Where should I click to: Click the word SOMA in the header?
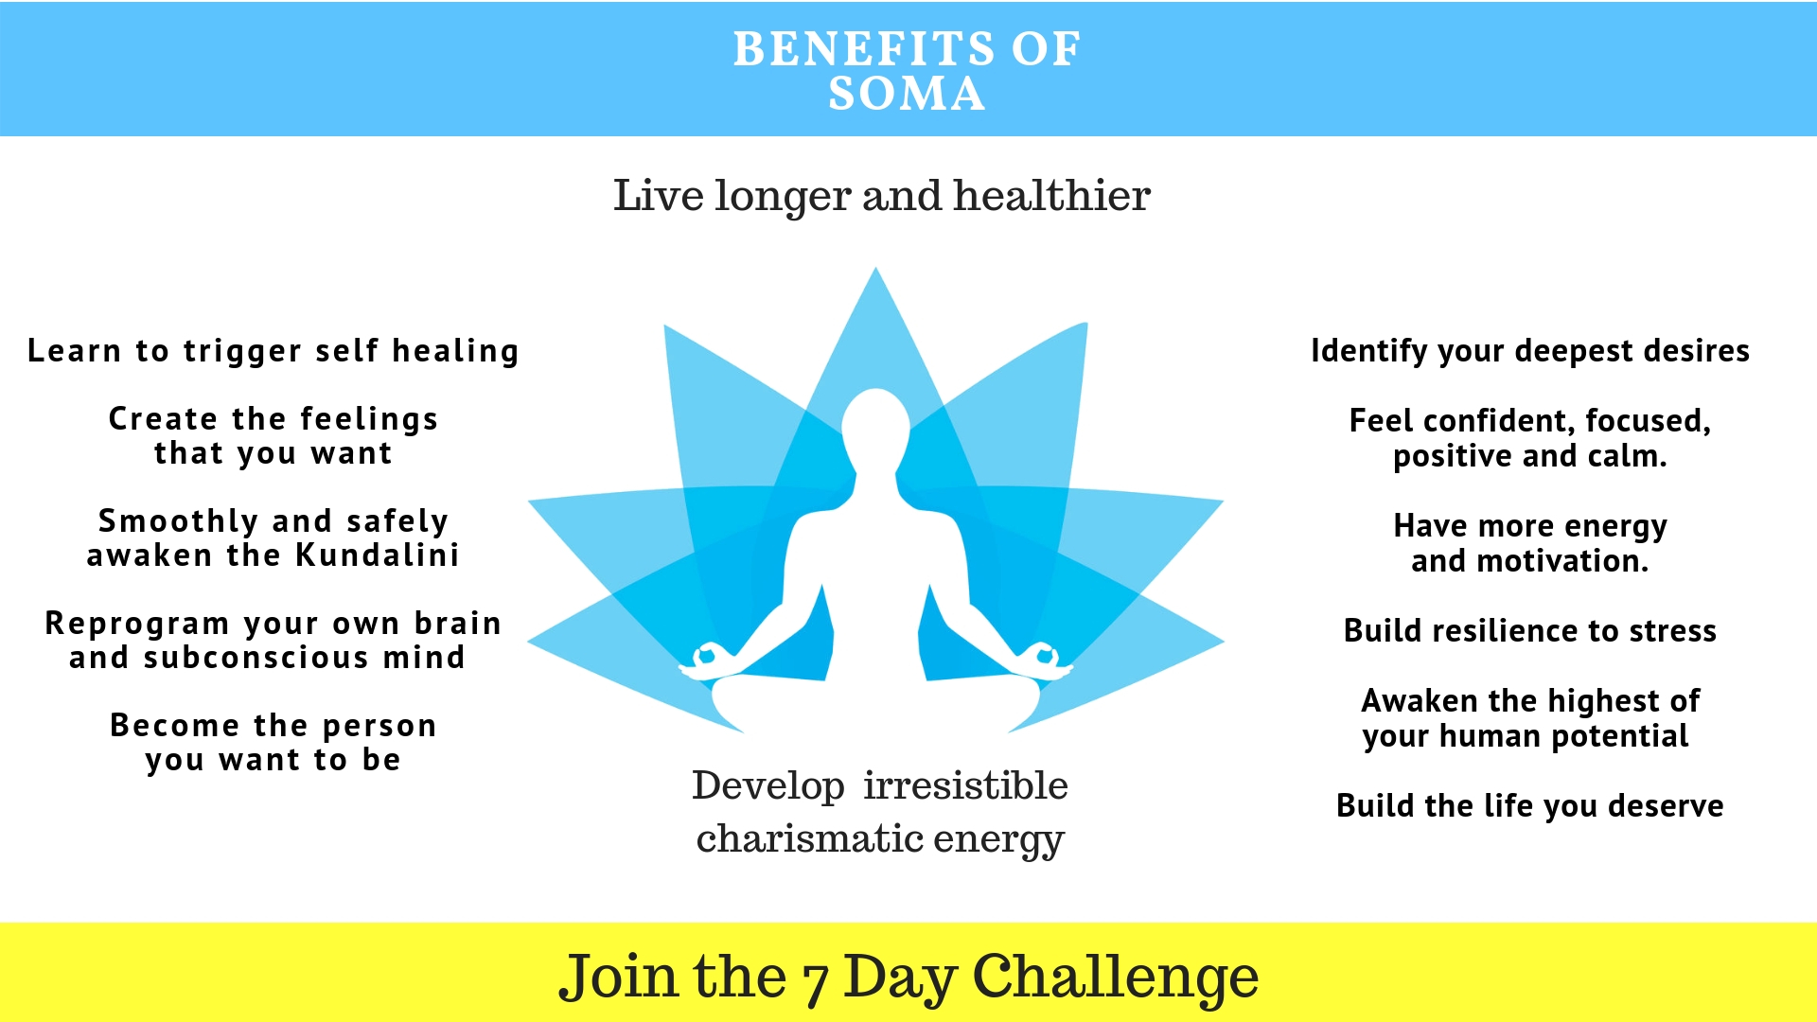pos(907,93)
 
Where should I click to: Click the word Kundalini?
pos(378,555)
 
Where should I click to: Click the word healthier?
pos(1051,195)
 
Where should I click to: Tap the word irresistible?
pos(965,785)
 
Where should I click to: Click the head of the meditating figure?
pos(875,426)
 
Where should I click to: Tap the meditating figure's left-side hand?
pos(705,660)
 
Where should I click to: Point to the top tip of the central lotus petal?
pos(875,267)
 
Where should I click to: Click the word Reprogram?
pos(137,624)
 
